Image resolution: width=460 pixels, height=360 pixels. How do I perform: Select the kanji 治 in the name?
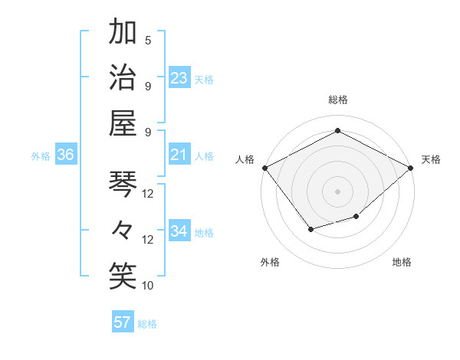pos(122,77)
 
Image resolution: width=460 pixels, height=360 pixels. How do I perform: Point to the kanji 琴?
pos(122,185)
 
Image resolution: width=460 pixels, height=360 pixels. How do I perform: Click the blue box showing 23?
pos(179,78)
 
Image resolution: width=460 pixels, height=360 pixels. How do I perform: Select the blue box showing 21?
pos(179,155)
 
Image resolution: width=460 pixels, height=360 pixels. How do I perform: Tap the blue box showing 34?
pos(179,232)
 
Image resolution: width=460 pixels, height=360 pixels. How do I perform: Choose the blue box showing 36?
pos(66,155)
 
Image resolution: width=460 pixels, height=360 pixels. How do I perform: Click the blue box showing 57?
pos(123,322)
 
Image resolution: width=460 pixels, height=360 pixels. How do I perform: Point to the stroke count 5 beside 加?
pos(148,41)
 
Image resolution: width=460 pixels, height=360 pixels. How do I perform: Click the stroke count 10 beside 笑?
pos(148,285)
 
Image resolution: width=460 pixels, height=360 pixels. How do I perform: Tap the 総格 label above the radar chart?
pos(337,100)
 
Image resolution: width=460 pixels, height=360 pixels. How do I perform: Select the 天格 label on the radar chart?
pos(432,159)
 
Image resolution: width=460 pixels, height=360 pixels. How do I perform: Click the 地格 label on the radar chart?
pos(402,262)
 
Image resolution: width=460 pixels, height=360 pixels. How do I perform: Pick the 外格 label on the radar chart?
pos(270,262)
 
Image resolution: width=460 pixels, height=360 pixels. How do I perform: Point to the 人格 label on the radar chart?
pos(245,159)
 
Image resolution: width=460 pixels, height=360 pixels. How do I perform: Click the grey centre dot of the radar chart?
pos(337,190)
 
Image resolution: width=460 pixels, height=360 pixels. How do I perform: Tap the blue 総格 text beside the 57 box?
pos(147,323)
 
